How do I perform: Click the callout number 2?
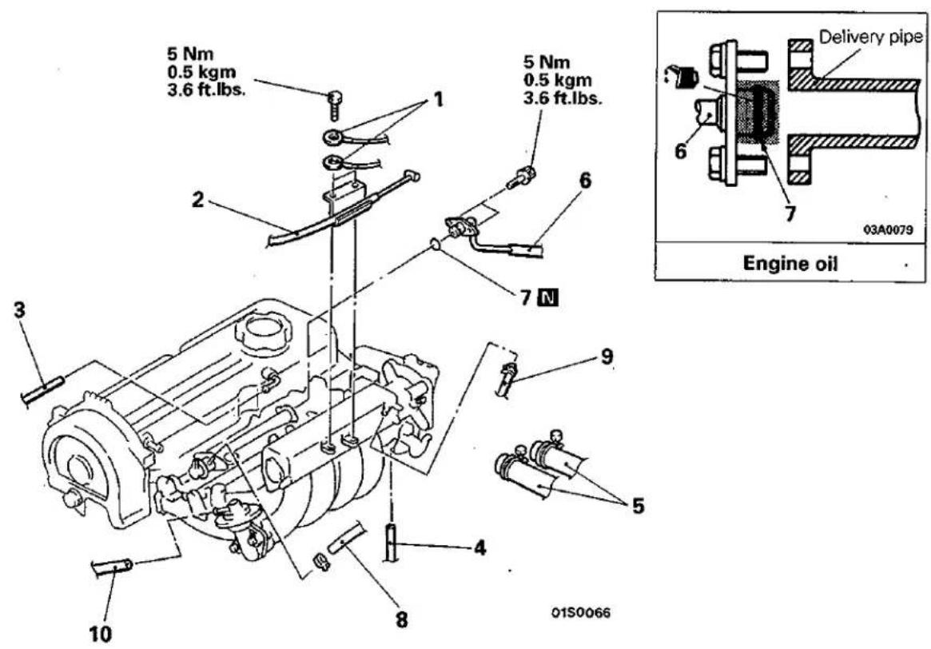point(197,200)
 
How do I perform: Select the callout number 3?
point(20,311)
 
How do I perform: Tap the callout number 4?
point(479,547)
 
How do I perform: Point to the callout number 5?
point(638,506)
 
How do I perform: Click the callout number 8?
point(402,620)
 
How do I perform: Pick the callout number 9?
point(607,356)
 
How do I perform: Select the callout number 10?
point(101,634)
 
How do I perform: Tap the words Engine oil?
point(790,263)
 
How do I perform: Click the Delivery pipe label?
point(870,37)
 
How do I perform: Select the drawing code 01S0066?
point(581,612)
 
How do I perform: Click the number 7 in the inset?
point(790,213)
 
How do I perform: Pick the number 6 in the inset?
point(680,151)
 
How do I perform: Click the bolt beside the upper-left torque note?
point(336,105)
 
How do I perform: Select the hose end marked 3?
point(42,389)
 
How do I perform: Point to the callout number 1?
point(438,98)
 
